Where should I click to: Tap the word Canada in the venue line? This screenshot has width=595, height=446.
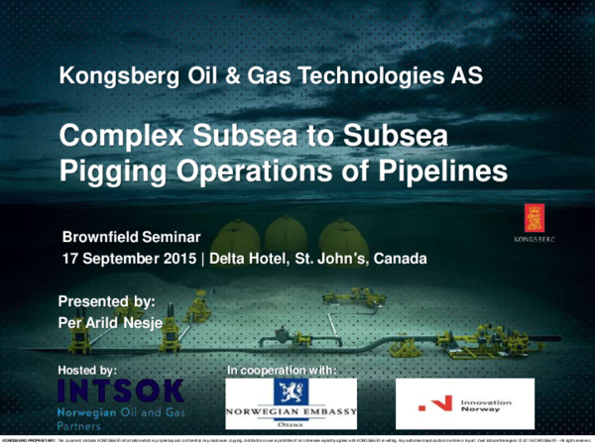tap(399, 259)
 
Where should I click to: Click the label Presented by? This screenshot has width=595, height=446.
tap(106, 300)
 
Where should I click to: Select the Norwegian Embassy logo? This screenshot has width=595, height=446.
tap(291, 402)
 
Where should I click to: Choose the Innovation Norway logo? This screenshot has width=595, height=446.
tap(465, 402)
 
